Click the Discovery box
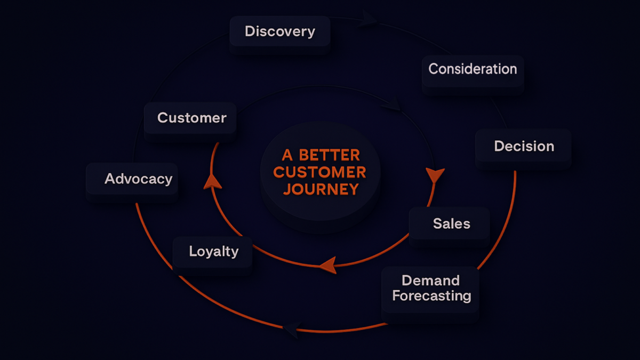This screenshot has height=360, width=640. click(x=279, y=31)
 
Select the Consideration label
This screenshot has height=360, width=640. click(x=473, y=69)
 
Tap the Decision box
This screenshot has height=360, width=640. click(x=523, y=146)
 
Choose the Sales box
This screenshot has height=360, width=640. click(x=451, y=223)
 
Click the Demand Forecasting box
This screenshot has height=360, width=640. click(x=431, y=289)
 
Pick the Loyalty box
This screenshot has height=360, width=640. click(x=213, y=252)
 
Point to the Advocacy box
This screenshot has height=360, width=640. click(x=138, y=179)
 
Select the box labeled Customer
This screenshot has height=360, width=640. click(x=191, y=118)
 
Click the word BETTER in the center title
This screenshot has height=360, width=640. click(x=329, y=155)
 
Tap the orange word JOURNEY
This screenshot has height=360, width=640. click(x=321, y=189)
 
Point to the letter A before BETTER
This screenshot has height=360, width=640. click(x=287, y=155)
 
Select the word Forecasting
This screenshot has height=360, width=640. click(x=431, y=296)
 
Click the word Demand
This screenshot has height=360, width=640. click(x=430, y=281)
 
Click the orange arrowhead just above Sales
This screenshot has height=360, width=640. click(x=435, y=175)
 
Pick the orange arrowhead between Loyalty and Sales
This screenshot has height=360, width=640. click(x=327, y=265)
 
